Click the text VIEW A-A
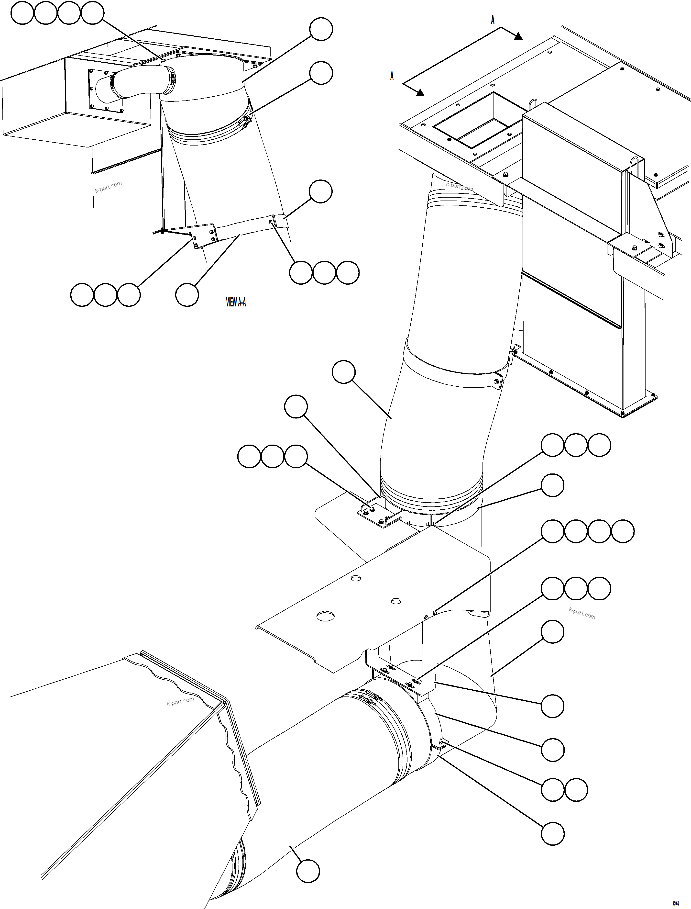[236, 303]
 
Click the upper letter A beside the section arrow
[493, 20]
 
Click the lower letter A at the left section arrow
[392, 76]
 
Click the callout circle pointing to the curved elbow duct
[343, 372]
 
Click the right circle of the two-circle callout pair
[576, 789]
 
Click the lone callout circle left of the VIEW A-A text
[187, 295]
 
